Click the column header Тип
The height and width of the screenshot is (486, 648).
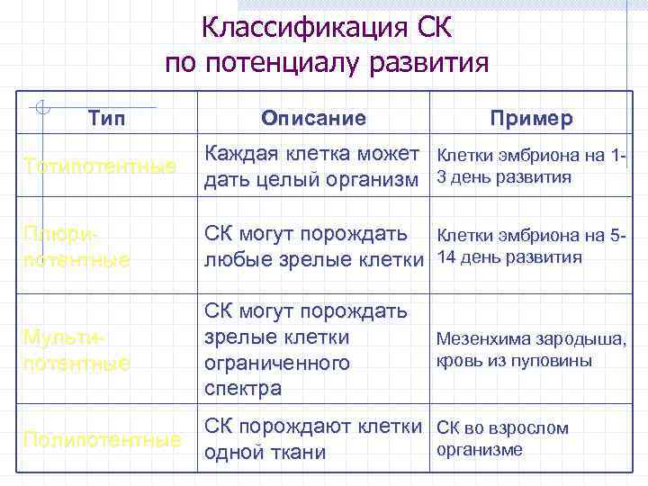click(x=107, y=119)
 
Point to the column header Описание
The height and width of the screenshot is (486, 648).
click(x=313, y=119)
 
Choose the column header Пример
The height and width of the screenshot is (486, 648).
click(x=531, y=119)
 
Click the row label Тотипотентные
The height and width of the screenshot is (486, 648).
click(x=100, y=166)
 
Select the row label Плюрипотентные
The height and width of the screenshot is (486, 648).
click(x=77, y=247)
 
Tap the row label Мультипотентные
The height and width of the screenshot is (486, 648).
click(x=77, y=351)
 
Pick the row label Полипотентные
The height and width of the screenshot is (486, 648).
click(x=101, y=440)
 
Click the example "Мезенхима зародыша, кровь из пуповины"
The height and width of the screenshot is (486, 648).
click(x=531, y=350)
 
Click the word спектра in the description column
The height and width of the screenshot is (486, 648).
click(x=243, y=389)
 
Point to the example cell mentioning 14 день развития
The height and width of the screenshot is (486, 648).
click(x=531, y=247)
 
